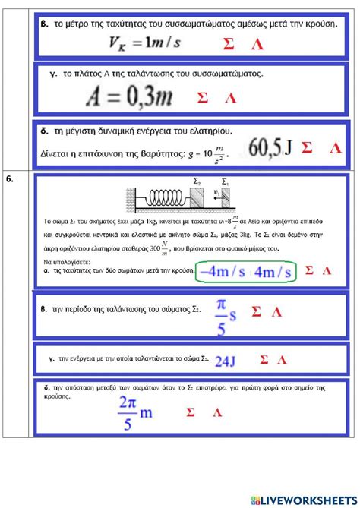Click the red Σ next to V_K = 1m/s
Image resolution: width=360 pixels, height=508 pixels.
tap(229, 44)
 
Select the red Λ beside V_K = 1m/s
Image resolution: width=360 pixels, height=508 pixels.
tap(258, 44)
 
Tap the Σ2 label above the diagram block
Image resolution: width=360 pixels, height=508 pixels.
tap(197, 183)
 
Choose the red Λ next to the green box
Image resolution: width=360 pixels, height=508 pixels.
tap(327, 270)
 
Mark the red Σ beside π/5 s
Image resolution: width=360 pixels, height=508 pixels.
tap(256, 311)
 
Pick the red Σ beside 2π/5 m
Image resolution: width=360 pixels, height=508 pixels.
tap(190, 413)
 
